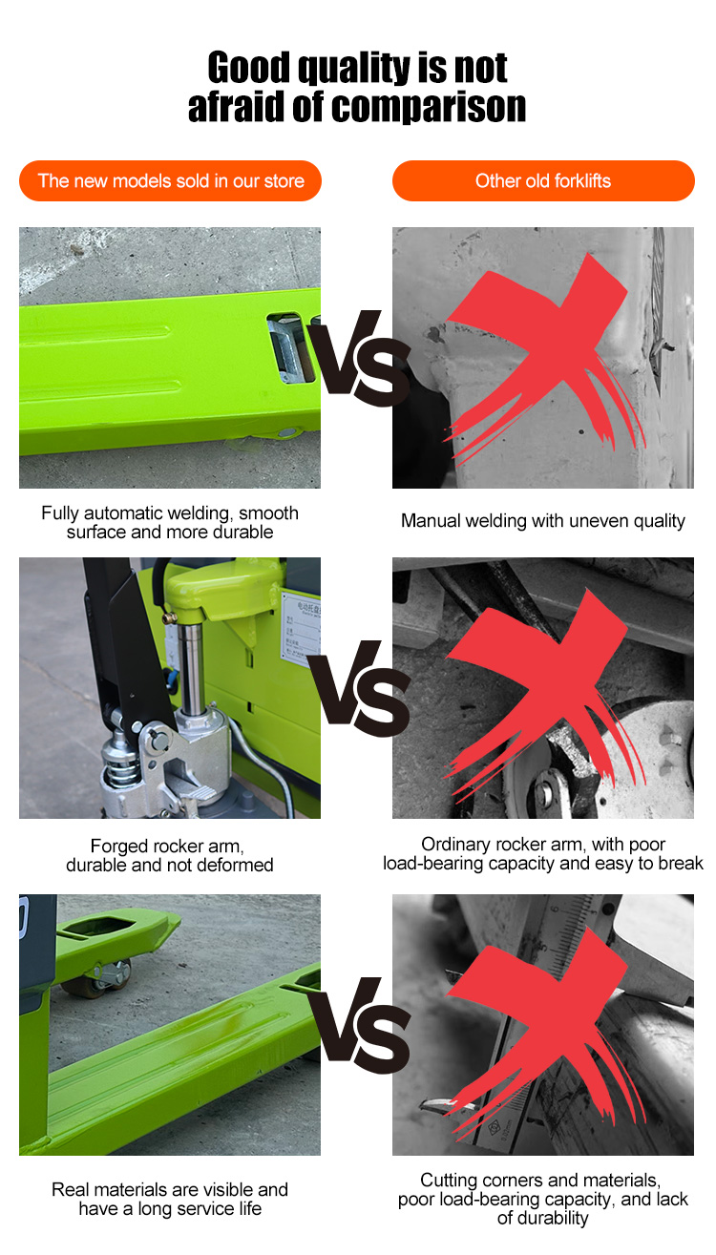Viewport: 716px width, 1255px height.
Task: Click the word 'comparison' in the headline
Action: [429, 107]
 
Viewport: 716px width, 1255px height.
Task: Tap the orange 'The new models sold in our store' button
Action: [170, 181]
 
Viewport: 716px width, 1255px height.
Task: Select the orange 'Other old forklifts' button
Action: [542, 181]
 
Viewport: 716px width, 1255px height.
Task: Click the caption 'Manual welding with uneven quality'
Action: [542, 521]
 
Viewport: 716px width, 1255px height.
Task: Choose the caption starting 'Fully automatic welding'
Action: [170, 522]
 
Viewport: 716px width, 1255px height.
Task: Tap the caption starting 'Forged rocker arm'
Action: [170, 855]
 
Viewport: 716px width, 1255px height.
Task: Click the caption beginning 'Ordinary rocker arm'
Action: [542, 854]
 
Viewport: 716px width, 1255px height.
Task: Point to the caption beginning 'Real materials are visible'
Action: [170, 1199]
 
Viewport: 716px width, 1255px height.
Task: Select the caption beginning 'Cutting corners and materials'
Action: [542, 1199]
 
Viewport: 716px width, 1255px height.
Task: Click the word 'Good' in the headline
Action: [249, 68]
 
